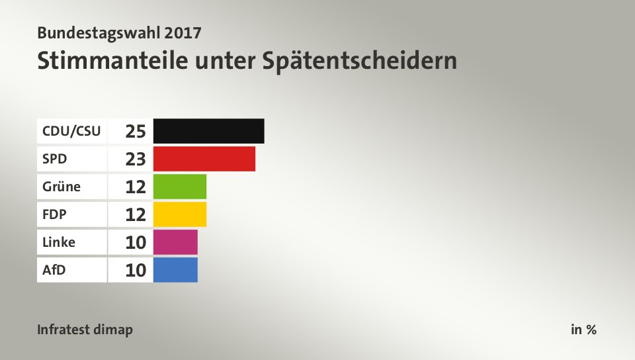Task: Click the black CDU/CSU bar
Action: point(208,131)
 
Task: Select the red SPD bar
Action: point(204,159)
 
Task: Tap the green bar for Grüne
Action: point(179,187)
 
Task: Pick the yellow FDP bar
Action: point(179,214)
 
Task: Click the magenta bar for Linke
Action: point(175,242)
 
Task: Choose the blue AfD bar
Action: point(175,270)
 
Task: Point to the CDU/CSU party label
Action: point(71,131)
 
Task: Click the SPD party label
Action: point(55,159)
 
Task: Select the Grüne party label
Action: point(62,187)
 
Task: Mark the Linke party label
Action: point(59,242)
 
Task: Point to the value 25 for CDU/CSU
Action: point(136,131)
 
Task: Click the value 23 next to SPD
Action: point(136,159)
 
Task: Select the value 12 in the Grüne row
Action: point(136,187)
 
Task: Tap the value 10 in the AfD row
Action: point(136,270)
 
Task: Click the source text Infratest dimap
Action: point(85,330)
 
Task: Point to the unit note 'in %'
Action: point(583,330)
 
